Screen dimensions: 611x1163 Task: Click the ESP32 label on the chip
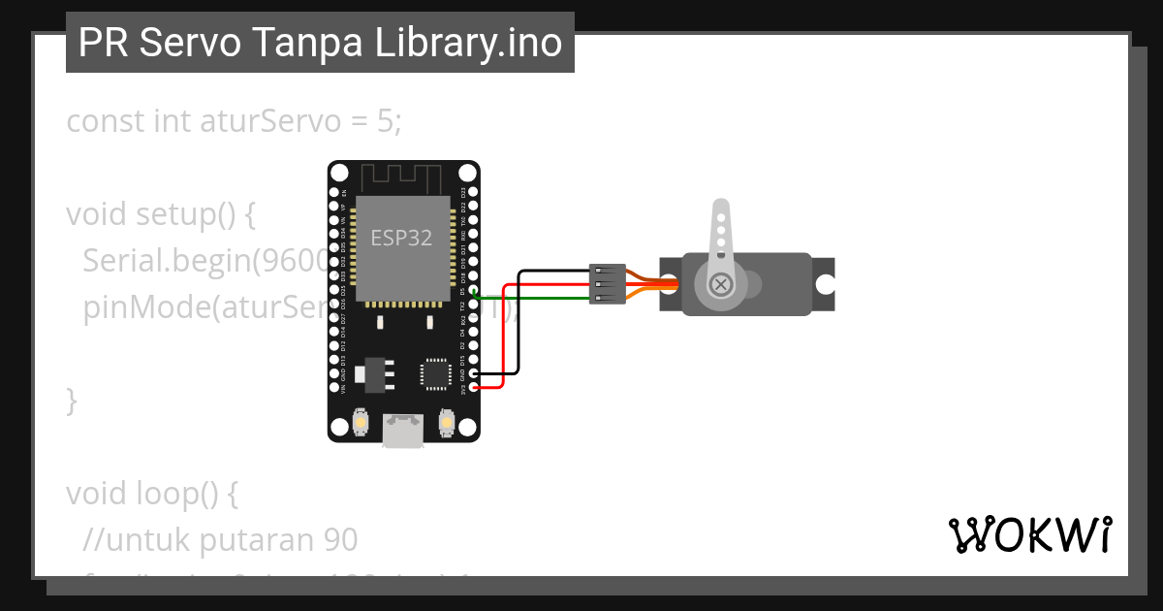(401, 238)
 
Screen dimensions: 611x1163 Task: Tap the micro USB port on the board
(402, 430)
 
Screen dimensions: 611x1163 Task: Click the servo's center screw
(721, 284)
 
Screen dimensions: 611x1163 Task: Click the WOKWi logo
(1029, 534)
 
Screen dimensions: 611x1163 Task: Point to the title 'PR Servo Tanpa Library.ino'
(320, 43)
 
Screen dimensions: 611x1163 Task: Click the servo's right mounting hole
(825, 284)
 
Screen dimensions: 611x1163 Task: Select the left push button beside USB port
(359, 423)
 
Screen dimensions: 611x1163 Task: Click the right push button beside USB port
(447, 423)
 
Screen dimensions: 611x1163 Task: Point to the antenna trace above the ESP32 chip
(402, 178)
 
